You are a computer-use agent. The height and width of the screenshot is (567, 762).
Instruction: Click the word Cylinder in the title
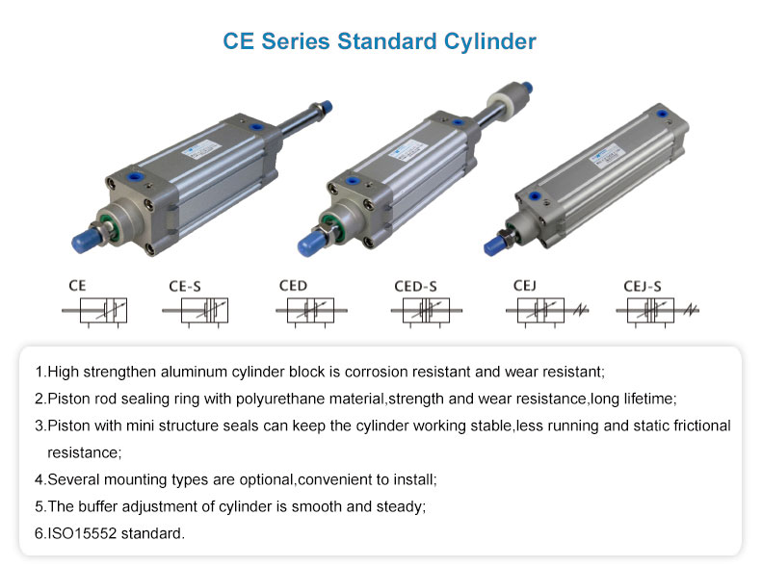pos(489,42)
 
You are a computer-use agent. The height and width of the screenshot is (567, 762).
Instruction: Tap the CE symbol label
pos(77,286)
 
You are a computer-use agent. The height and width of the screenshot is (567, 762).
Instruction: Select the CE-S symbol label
pos(185,287)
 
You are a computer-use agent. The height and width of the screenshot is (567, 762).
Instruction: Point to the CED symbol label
pos(293,286)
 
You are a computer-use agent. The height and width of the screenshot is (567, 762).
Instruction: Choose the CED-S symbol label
pos(415,287)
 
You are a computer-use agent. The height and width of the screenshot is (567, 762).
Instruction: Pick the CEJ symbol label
pos(525,286)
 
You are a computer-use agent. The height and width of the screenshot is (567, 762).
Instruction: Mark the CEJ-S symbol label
pos(643,287)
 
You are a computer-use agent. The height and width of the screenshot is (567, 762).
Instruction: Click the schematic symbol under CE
pos(94,311)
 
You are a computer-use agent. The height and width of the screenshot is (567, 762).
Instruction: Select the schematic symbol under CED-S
pos(426,311)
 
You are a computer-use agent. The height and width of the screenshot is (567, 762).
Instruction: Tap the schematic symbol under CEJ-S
pos(657,311)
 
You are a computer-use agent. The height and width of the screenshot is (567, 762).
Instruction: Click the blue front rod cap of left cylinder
pos(86,241)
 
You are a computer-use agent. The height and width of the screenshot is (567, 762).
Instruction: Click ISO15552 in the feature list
pos(82,533)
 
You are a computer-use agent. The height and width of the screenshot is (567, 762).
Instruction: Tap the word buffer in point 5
pos(97,506)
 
